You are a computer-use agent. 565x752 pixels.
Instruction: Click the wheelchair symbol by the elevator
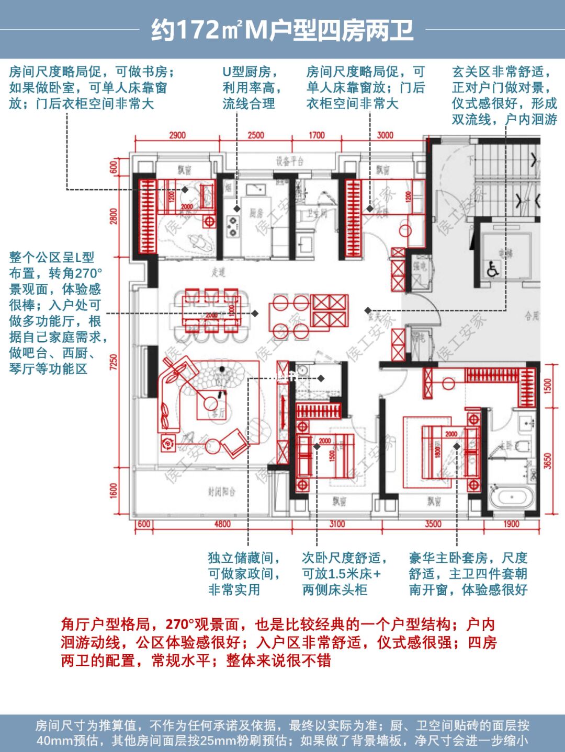tap(492, 270)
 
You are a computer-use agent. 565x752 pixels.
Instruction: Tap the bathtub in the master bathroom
tap(512, 496)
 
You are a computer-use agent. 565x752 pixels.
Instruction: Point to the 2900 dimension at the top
tap(177, 135)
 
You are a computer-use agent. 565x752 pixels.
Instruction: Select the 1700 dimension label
tap(317, 135)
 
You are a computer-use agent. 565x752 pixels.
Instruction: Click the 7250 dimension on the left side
tap(114, 362)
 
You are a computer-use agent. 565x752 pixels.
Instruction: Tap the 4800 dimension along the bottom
tap(222, 524)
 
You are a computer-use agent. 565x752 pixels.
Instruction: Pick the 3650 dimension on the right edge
tap(547, 460)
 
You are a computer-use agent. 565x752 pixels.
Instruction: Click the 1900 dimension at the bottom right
tap(511, 524)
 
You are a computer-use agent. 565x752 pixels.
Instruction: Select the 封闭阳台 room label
tap(221, 492)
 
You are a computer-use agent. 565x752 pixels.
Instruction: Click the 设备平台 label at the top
tap(289, 161)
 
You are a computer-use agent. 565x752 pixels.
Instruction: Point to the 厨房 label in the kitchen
tap(256, 213)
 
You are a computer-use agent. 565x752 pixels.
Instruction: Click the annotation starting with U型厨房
tap(251, 87)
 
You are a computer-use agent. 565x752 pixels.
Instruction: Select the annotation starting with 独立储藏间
tap(244, 574)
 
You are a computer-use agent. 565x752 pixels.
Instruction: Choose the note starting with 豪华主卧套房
tap(468, 574)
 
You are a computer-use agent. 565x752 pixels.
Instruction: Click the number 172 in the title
tap(198, 30)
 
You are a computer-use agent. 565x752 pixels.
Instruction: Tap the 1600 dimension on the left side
tap(114, 491)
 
